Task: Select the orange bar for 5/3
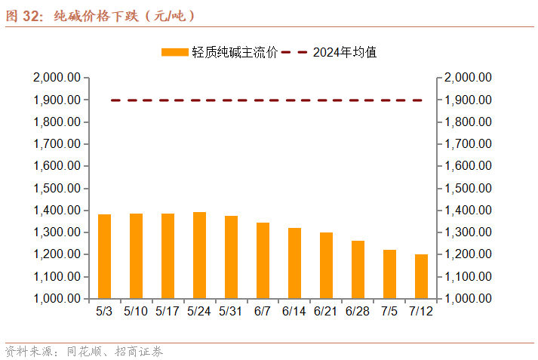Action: (105, 257)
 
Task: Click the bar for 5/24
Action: (200, 255)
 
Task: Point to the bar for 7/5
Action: (390, 274)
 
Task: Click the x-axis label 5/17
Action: (168, 310)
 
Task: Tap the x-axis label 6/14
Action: (294, 310)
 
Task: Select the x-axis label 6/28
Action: (358, 310)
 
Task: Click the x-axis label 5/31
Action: (231, 310)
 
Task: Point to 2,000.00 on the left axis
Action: (57, 78)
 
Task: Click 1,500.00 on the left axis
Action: (57, 188)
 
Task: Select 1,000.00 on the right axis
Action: (469, 299)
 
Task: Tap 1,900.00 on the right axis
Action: (469, 100)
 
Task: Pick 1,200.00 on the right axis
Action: (469, 254)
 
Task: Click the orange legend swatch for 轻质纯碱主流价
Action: (174, 52)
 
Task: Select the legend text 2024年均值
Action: (345, 52)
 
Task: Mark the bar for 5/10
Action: (137, 256)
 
